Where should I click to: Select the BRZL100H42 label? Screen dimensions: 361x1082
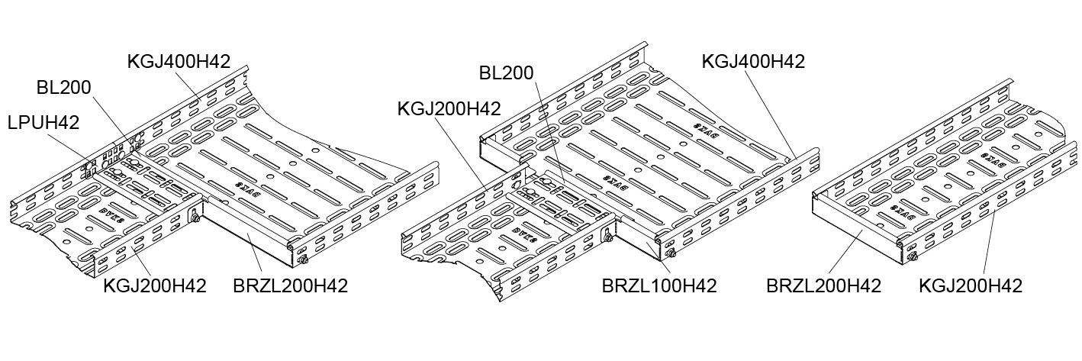click(659, 286)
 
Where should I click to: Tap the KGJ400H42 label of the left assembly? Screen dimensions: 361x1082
click(179, 62)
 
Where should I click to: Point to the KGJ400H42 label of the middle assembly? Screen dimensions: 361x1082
click(753, 62)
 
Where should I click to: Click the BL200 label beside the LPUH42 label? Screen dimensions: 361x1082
click(63, 88)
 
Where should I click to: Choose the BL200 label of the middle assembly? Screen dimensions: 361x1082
click(507, 73)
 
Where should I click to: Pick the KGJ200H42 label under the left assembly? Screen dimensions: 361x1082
click(155, 286)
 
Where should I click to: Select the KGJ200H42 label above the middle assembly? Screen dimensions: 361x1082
click(449, 109)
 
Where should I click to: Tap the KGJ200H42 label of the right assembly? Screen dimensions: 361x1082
click(970, 286)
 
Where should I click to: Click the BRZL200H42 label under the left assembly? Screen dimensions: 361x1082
click(291, 286)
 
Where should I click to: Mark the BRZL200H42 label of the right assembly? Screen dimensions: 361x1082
click(824, 286)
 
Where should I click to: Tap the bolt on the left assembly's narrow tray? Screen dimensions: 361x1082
click(195, 220)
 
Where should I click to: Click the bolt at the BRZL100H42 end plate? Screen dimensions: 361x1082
click(671, 254)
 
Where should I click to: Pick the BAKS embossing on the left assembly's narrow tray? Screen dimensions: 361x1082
click(112, 209)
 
